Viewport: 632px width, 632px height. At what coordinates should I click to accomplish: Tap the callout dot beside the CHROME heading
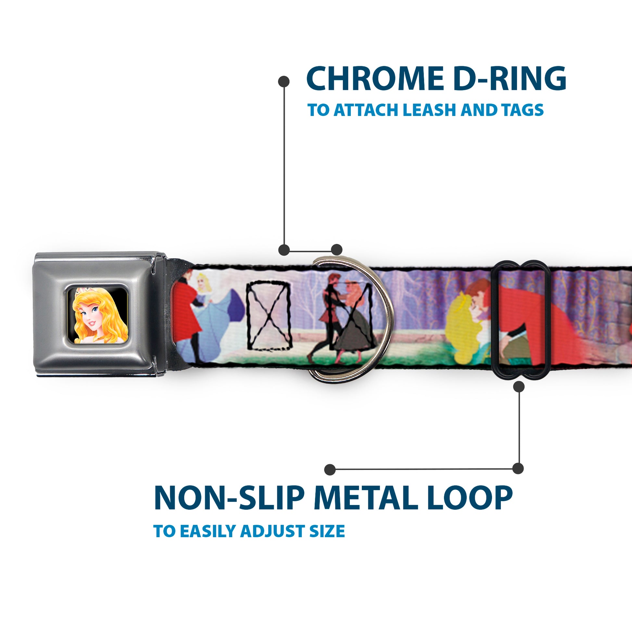(x=284, y=82)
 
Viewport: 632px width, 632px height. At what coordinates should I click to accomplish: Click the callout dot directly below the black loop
(x=519, y=387)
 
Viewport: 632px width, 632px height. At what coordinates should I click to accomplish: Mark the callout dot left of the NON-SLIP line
(x=330, y=470)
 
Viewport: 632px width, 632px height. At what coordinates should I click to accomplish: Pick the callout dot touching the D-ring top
(x=336, y=250)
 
